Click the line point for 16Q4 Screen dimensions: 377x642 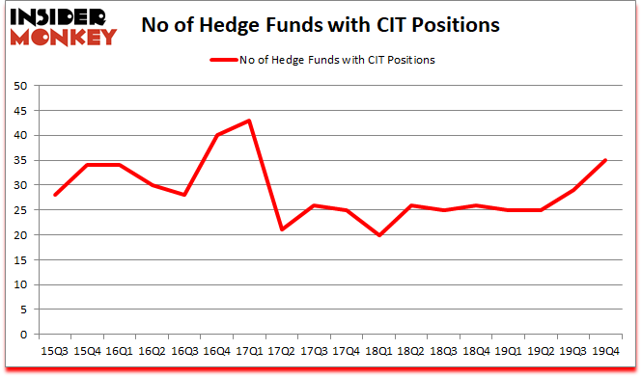[218, 135]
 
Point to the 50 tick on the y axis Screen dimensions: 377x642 [19, 86]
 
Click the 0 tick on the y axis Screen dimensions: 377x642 [23, 335]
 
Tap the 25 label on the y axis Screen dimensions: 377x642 [19, 210]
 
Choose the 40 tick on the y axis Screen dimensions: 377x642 [19, 135]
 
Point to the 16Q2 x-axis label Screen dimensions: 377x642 [152, 351]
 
